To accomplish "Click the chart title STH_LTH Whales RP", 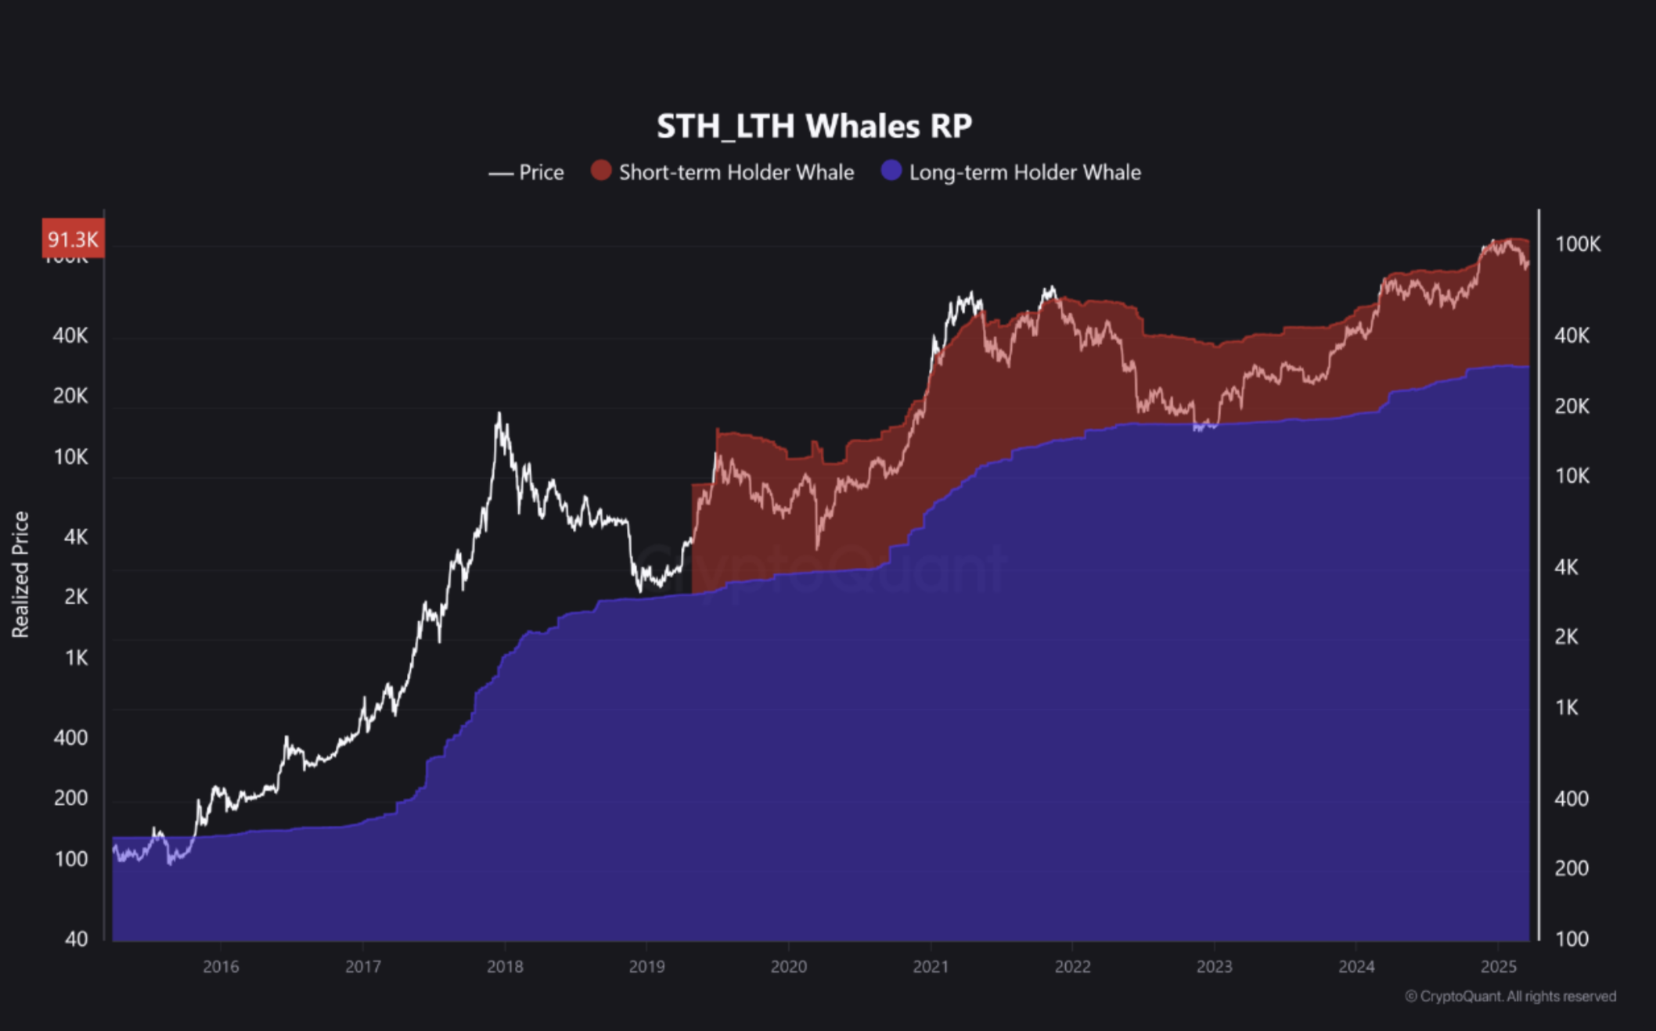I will [x=814, y=127].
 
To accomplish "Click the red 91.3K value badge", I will [x=73, y=239].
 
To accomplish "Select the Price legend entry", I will [x=527, y=173].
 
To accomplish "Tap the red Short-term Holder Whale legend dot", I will [x=601, y=171].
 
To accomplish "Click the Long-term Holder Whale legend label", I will [x=1024, y=173].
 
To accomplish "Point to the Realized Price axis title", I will [x=20, y=574].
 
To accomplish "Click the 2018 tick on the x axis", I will [x=505, y=967].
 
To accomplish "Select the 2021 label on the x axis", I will [x=931, y=967].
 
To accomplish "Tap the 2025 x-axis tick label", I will [x=1498, y=967].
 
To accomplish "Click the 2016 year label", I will [x=221, y=967].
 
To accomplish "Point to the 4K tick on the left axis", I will [x=76, y=537].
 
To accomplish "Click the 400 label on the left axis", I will [x=70, y=738].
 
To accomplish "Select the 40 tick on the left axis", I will [x=76, y=939].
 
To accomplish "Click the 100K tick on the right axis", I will [x=1578, y=245].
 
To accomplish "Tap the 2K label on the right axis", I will [x=1566, y=638].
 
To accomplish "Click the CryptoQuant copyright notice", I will [x=1510, y=997].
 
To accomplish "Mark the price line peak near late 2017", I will [x=499, y=414].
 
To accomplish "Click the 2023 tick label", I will [x=1214, y=967].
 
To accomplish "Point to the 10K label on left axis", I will [x=70, y=458].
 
